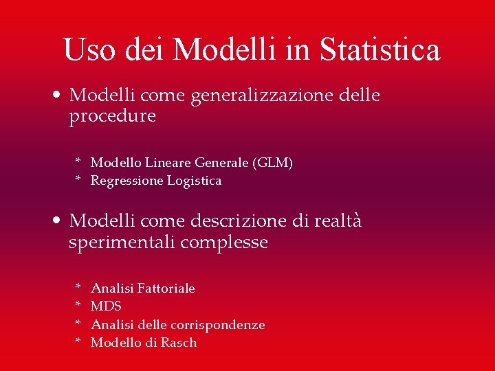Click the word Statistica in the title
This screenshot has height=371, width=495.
click(379, 50)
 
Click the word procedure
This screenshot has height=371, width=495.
click(112, 117)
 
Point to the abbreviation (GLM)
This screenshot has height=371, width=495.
click(272, 163)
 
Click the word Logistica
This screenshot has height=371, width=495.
click(195, 181)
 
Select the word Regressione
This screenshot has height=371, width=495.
click(126, 181)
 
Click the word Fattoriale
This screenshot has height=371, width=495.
click(166, 289)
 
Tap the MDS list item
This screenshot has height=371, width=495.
click(106, 306)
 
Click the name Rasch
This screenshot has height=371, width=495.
click(179, 342)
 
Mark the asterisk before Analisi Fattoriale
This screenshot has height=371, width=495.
click(78, 288)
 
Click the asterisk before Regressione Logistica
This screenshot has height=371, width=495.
click(78, 180)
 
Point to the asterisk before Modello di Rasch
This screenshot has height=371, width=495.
click(78, 341)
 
